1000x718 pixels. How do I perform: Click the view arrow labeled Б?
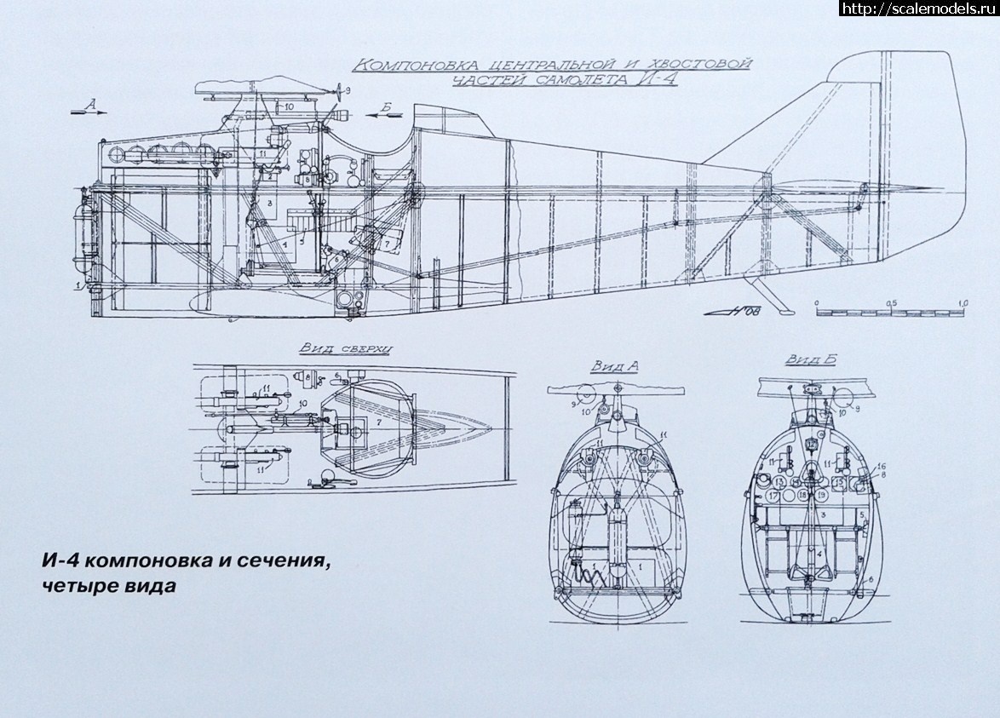pyautogui.click(x=385, y=115)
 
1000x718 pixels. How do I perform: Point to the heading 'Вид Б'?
pyautogui.click(x=809, y=359)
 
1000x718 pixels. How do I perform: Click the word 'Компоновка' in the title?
pyautogui.click(x=407, y=66)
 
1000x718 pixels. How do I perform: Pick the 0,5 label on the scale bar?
pyautogui.click(x=891, y=302)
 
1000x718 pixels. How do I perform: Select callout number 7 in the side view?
pyautogui.click(x=388, y=244)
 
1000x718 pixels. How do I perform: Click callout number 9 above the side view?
pyautogui.click(x=348, y=89)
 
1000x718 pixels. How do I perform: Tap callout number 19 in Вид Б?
pyautogui.click(x=821, y=494)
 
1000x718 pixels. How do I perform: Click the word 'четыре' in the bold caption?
pyautogui.click(x=76, y=587)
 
